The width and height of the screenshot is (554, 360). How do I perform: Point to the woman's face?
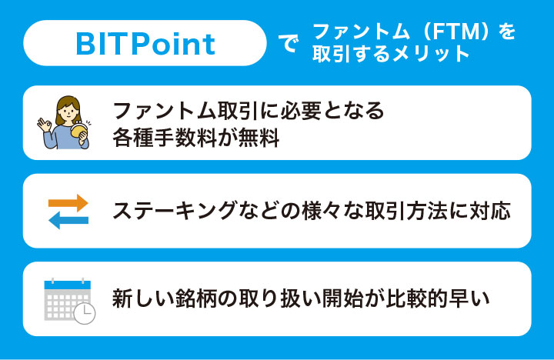tap(66, 111)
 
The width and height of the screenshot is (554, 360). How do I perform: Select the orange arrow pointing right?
tap(68, 203)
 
